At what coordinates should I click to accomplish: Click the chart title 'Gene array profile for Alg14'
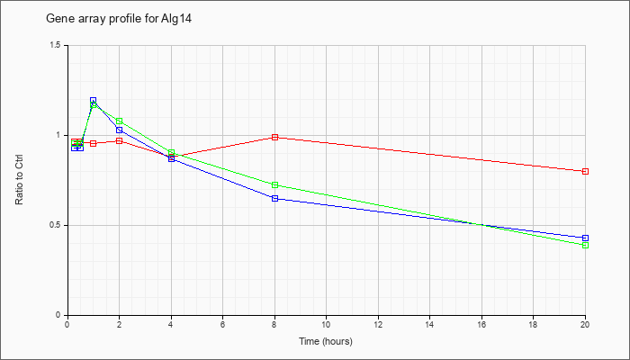click(119, 19)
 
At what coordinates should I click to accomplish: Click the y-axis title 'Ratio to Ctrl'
click(19, 180)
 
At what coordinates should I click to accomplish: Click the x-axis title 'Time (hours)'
click(326, 341)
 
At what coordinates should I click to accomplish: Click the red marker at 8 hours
click(274, 138)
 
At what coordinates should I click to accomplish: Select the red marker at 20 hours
click(585, 172)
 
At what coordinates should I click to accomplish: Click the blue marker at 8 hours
click(274, 199)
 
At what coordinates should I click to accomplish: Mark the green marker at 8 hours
click(274, 185)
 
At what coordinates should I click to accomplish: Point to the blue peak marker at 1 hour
click(94, 100)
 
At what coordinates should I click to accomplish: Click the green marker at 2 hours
click(120, 121)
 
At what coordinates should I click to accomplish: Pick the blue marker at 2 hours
click(120, 130)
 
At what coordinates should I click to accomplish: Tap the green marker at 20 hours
click(585, 246)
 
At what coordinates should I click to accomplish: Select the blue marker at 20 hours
click(585, 238)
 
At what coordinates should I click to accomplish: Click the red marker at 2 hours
click(120, 141)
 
